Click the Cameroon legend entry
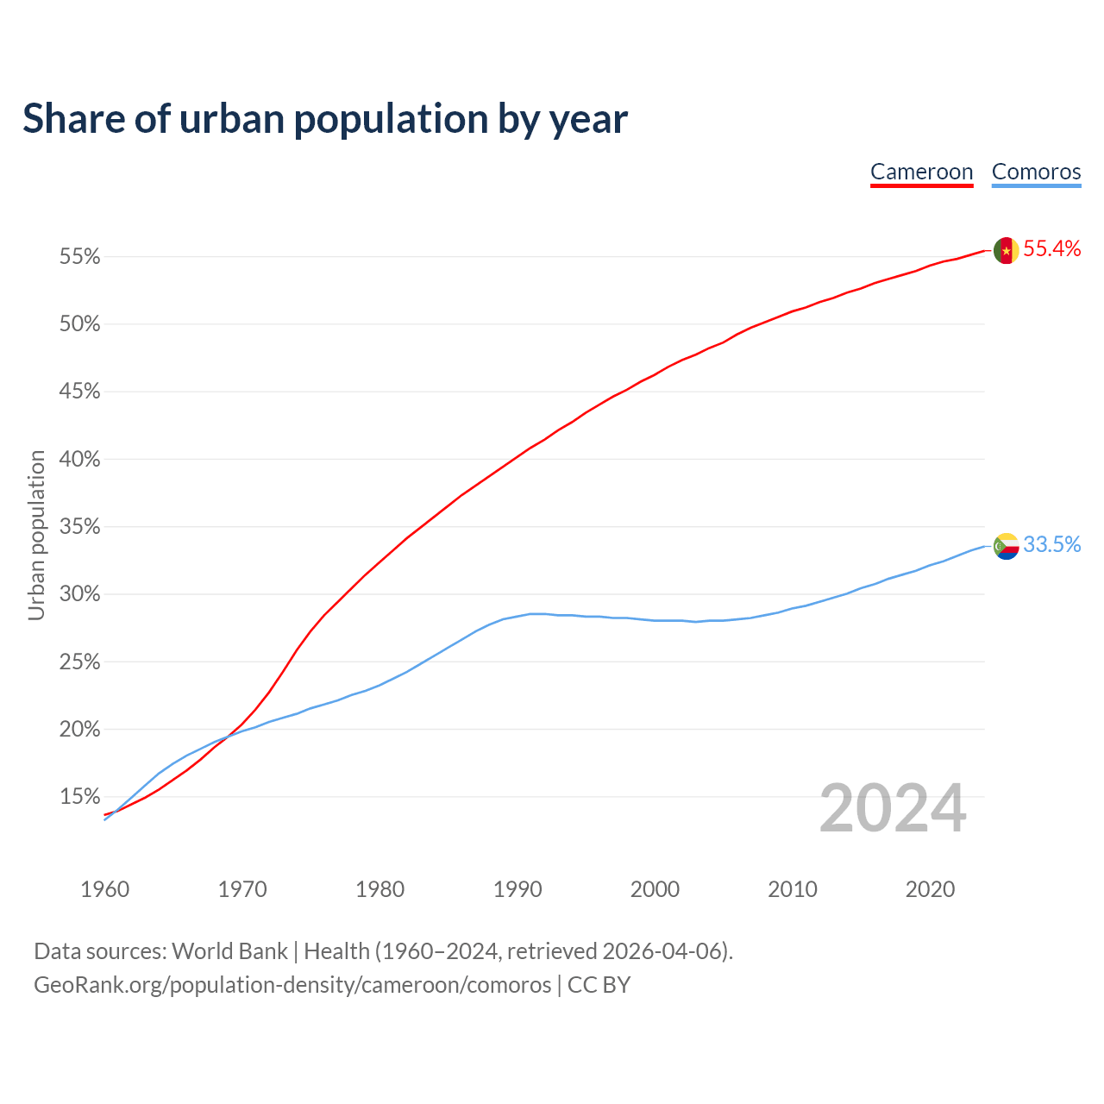pyautogui.click(x=921, y=172)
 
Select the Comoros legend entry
pyautogui.click(x=1036, y=172)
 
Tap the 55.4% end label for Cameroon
pyautogui.click(x=1051, y=249)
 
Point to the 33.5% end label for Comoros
pyautogui.click(x=1051, y=544)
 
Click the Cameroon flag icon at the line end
pyautogui.click(x=1006, y=251)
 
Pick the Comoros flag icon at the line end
pyautogui.click(x=1006, y=546)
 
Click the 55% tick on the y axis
pyautogui.click(x=79, y=257)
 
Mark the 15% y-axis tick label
pyautogui.click(x=79, y=797)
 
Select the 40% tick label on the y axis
pyautogui.click(x=79, y=460)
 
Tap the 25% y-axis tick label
pyautogui.click(x=79, y=662)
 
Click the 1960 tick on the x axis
pyautogui.click(x=104, y=889)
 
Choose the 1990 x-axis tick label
pyautogui.click(x=517, y=889)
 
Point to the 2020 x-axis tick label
pyautogui.click(x=930, y=889)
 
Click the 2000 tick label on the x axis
pyautogui.click(x=655, y=889)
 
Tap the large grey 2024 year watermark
pyautogui.click(x=893, y=809)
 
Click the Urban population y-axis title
pyautogui.click(x=36, y=535)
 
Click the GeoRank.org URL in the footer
pyautogui.click(x=292, y=985)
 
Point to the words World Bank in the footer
pyautogui.click(x=229, y=951)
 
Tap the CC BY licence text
pyautogui.click(x=599, y=985)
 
